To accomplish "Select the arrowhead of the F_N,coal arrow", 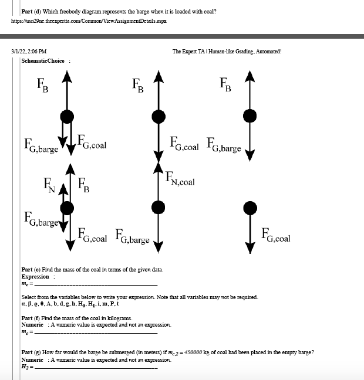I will pos(158,169).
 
